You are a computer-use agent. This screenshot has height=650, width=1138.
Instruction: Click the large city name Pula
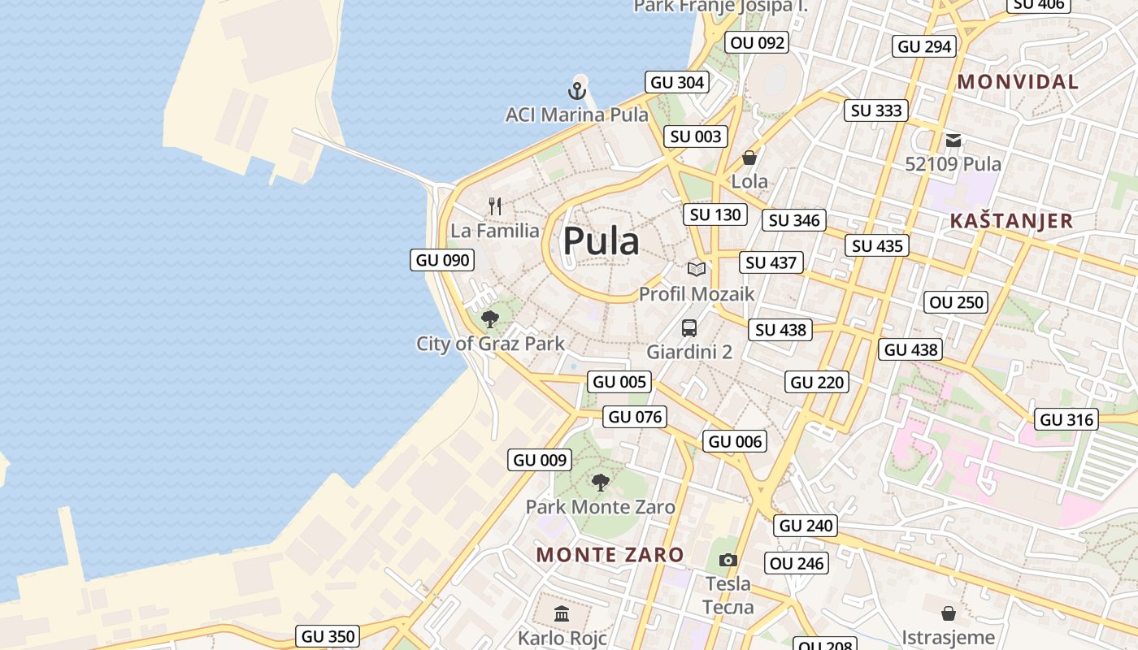tap(602, 241)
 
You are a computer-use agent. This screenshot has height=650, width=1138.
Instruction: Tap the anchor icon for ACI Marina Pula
tap(577, 90)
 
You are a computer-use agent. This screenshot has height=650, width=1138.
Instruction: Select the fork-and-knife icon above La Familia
tap(495, 206)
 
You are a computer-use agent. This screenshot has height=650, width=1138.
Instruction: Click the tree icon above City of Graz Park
tap(489, 318)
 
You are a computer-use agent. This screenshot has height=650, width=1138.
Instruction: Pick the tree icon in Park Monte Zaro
tap(600, 483)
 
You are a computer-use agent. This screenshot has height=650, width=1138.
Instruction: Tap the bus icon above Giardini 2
tap(689, 328)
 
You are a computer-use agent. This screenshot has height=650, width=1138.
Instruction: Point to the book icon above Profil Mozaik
tap(696, 269)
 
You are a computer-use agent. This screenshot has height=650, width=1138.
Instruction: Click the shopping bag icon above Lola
tap(749, 157)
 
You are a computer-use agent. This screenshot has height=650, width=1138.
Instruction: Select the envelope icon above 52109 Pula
tap(953, 141)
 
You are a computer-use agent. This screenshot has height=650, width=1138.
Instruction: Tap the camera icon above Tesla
tap(728, 560)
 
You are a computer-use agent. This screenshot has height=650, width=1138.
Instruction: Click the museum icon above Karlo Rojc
tap(562, 613)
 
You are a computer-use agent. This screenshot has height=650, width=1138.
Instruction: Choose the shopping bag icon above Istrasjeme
tap(948, 613)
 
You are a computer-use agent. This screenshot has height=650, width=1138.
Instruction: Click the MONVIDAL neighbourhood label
tap(1018, 81)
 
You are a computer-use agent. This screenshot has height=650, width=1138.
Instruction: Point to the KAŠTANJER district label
tap(1011, 221)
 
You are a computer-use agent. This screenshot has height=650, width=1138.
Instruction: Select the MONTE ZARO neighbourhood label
tap(610, 555)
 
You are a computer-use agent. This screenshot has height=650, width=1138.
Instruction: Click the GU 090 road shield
tap(443, 260)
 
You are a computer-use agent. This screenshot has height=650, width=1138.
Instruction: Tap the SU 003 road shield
tap(696, 136)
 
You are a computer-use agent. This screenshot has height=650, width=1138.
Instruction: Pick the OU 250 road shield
tap(957, 302)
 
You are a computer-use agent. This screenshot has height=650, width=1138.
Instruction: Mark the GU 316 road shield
tap(1067, 419)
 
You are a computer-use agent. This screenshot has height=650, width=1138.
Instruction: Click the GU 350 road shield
tap(328, 636)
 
